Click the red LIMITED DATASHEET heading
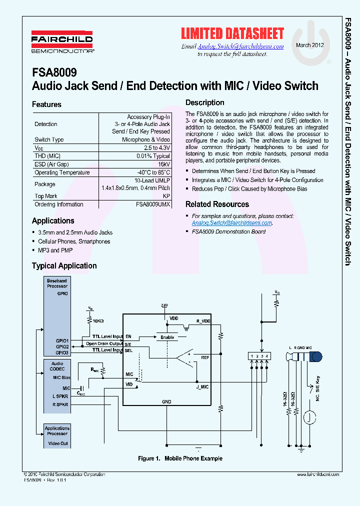point(232,33)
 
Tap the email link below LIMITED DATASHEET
point(240,46)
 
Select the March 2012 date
point(310,45)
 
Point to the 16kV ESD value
point(164,164)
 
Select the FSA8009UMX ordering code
point(152,204)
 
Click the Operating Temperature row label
point(62,172)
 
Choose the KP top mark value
point(166,196)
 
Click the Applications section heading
point(53,220)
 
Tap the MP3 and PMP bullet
point(55,250)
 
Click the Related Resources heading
point(217,204)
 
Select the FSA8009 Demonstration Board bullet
point(228,231)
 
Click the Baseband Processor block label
point(57,283)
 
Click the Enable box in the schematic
point(167,337)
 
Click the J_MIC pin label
point(203,386)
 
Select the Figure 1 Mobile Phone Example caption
point(180,458)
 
